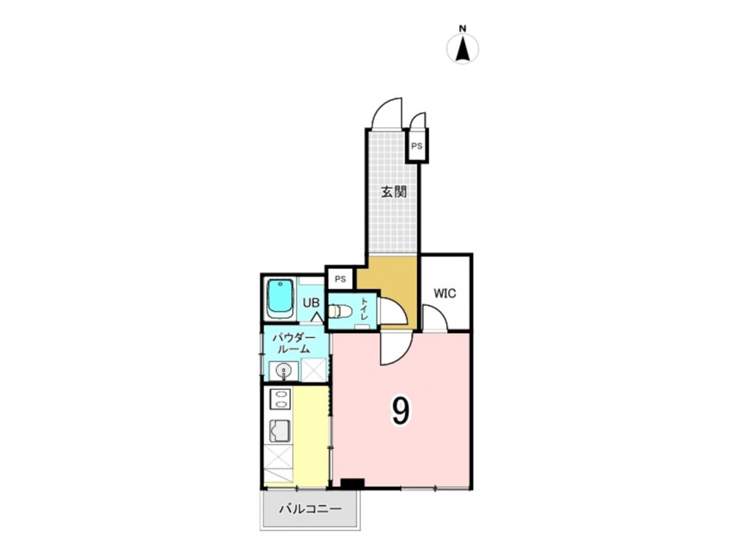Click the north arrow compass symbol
tap(463, 49)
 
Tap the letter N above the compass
tap(463, 28)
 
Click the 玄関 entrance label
tap(393, 192)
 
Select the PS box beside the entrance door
tap(417, 146)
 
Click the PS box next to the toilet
tap(340, 279)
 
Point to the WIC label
tap(445, 293)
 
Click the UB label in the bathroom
tap(311, 302)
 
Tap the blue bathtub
tap(280, 299)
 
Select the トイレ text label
tap(365, 309)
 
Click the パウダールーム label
tap(294, 343)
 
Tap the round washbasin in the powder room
tap(283, 372)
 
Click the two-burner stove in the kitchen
tap(280, 400)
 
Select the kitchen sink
tap(280, 431)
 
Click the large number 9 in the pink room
tap(400, 411)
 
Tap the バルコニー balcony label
tap(310, 509)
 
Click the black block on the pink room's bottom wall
tap(353, 484)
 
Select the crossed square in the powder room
tap(314, 370)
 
